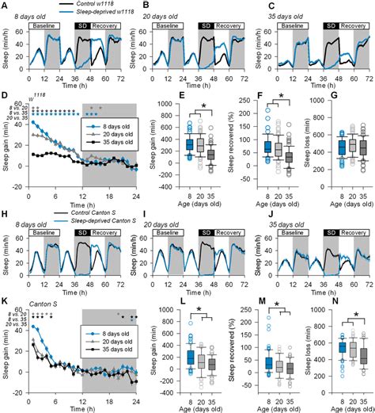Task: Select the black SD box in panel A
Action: [81, 25]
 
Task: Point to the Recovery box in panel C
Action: [347, 25]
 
